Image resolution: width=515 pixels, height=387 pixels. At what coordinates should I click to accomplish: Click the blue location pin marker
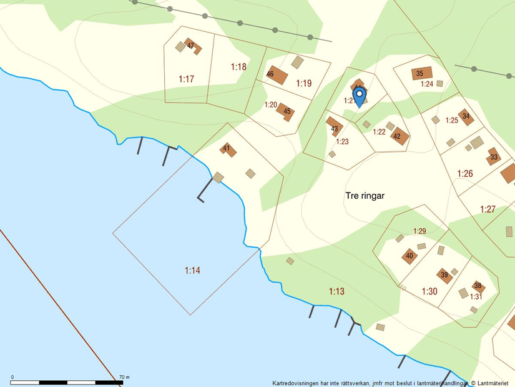click(359, 96)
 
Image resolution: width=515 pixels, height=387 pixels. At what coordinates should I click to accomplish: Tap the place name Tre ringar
click(365, 196)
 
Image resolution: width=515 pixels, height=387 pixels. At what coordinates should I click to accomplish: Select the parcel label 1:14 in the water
click(193, 270)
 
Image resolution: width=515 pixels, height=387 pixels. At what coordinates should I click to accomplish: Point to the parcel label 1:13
click(336, 291)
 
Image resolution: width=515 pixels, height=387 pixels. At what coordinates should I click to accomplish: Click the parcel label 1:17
click(187, 79)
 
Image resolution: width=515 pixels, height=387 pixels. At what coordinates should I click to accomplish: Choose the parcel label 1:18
click(238, 67)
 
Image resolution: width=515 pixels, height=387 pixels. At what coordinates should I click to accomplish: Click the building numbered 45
click(286, 112)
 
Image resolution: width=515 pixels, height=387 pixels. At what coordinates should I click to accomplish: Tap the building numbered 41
click(228, 149)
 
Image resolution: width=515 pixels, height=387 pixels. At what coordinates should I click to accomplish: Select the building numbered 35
click(421, 73)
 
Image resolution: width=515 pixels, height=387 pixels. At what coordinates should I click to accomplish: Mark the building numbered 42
click(398, 136)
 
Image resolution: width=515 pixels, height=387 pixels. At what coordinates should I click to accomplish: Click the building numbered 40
click(409, 256)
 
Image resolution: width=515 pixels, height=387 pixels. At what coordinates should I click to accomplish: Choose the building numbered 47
click(192, 46)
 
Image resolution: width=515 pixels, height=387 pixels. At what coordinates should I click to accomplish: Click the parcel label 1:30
click(429, 291)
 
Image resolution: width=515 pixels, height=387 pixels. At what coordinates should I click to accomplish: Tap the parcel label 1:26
click(465, 173)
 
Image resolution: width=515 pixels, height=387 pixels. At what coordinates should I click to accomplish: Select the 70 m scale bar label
click(124, 377)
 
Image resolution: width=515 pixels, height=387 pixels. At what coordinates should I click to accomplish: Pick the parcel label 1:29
click(419, 231)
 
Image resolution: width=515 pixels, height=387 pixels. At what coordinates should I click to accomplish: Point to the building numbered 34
click(466, 117)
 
